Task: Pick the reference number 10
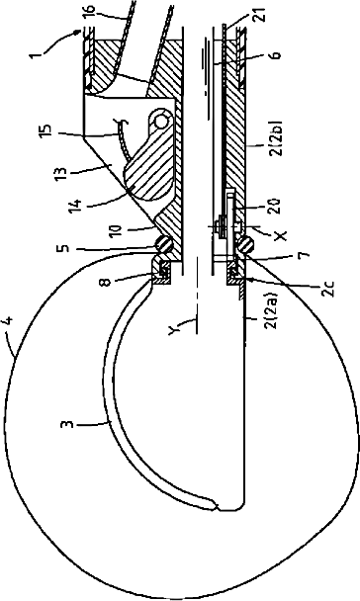[115, 230]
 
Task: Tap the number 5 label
[64, 246]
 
